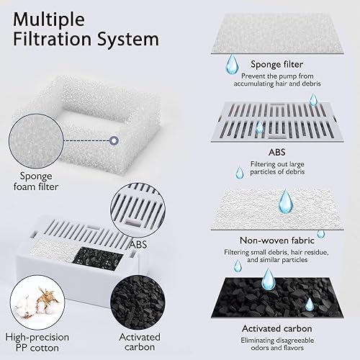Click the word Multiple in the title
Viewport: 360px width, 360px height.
click(x=53, y=17)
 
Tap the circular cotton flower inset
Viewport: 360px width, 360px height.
click(x=30, y=294)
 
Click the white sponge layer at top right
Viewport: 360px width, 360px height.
click(x=277, y=29)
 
